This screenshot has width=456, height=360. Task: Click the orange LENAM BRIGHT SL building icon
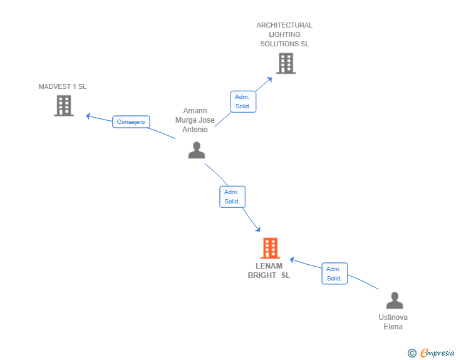tap(270, 248)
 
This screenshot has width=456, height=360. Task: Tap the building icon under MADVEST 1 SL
tap(64, 106)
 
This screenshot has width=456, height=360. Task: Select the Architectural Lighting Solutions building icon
tap(286, 63)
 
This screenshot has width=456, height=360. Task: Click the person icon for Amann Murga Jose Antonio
tap(197, 150)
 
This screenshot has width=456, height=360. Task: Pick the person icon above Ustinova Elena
tap(395, 300)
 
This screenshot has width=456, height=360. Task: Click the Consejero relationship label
tap(131, 122)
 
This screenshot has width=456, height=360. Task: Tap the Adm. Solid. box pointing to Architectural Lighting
tap(244, 101)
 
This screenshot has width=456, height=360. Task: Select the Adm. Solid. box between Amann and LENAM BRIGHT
tap(232, 197)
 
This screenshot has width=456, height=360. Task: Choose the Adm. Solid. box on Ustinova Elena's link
tap(334, 274)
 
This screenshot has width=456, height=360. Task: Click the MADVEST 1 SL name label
tap(62, 86)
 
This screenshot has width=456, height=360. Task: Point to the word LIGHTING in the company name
tap(284, 34)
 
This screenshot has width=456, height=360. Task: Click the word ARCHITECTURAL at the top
tap(284, 25)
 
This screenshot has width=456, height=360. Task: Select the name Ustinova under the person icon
tap(393, 317)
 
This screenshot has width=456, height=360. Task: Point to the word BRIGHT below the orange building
tap(262, 275)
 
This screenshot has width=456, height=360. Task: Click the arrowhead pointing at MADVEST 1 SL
tap(88, 116)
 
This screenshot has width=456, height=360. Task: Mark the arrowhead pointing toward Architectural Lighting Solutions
tap(269, 80)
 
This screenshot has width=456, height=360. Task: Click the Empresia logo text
tap(437, 352)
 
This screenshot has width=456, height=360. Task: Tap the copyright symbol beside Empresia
tap(412, 353)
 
